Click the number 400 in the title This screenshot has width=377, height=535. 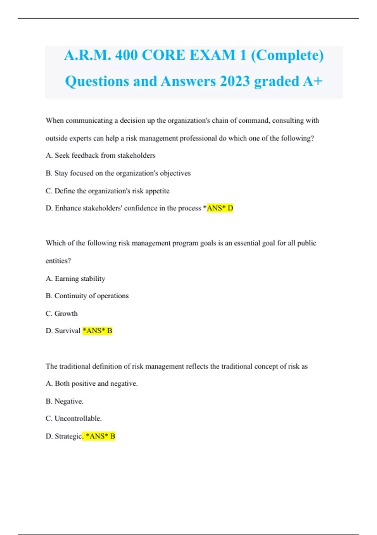point(126,55)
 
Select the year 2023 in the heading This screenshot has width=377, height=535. point(235,81)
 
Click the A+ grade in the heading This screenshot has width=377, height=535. point(313,81)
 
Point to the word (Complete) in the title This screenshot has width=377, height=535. point(287,55)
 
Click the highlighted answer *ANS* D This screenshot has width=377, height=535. point(220,208)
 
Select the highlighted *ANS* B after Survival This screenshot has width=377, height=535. point(97,331)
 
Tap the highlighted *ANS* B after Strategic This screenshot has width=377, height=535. point(100,436)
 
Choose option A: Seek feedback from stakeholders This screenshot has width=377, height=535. point(101,155)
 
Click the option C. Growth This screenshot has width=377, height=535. point(62,313)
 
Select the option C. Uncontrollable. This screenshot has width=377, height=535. point(74,419)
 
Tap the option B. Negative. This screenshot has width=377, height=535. point(65,401)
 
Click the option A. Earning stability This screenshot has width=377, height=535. point(75,279)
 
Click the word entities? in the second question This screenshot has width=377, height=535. point(58,261)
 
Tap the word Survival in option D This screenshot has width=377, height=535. point(68,331)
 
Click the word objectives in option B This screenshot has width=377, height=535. point(175,173)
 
